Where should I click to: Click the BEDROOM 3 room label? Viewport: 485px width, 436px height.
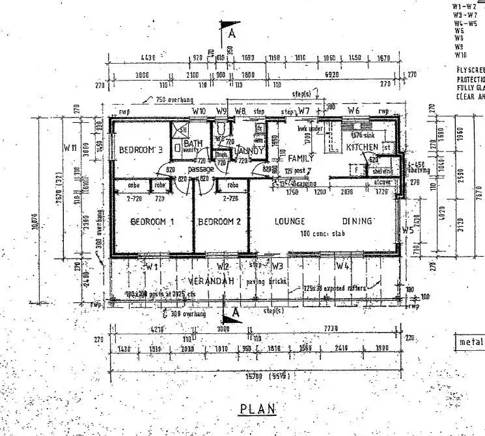click(x=140, y=150)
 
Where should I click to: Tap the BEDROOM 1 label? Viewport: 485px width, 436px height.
click(x=152, y=222)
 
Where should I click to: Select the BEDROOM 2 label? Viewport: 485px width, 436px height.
click(x=220, y=222)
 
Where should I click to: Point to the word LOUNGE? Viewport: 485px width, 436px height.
click(x=290, y=222)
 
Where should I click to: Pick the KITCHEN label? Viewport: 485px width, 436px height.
click(x=361, y=148)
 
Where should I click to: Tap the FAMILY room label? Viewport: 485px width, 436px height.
click(x=301, y=158)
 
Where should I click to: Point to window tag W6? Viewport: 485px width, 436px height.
click(x=353, y=110)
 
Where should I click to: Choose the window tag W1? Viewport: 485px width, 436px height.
click(x=152, y=266)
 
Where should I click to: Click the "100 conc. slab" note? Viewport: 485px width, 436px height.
click(x=321, y=233)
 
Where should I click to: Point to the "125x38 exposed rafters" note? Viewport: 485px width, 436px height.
click(x=335, y=288)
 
